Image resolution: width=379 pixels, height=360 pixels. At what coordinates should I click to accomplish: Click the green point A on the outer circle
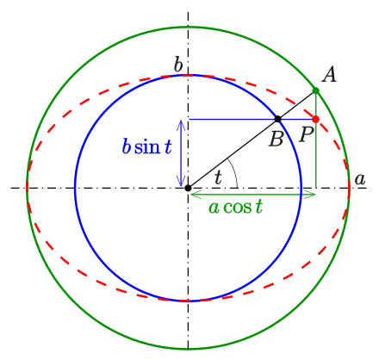point(316,90)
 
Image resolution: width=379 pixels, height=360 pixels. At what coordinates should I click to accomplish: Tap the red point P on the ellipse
point(316,119)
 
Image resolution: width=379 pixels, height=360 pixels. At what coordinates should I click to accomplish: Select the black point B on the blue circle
point(277,119)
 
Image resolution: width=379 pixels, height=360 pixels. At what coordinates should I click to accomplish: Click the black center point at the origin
point(188,188)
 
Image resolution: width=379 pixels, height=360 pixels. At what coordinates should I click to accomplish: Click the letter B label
point(276,139)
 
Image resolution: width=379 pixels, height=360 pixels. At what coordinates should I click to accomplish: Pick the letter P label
point(307,134)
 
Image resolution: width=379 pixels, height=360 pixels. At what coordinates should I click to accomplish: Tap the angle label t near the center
point(219,177)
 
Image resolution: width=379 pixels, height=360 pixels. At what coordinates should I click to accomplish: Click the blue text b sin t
point(147,146)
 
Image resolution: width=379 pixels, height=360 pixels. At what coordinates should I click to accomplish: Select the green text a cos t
point(236,207)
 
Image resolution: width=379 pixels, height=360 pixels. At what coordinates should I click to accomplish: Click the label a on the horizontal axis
point(360,180)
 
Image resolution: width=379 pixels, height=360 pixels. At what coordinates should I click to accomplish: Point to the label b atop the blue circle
point(178,65)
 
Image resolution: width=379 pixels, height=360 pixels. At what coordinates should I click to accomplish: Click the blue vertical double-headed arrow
point(181,153)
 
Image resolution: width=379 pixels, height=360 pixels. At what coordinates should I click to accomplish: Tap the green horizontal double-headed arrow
point(252,195)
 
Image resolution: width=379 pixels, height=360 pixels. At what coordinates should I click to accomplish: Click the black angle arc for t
point(234,171)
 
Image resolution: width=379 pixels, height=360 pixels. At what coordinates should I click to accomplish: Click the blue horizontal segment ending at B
point(233,119)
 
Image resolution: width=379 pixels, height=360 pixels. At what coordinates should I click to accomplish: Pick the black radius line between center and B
point(233,153)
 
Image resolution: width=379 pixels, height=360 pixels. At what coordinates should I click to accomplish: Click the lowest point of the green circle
point(188,349)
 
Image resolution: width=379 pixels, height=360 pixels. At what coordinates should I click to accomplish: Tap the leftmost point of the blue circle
point(75,188)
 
